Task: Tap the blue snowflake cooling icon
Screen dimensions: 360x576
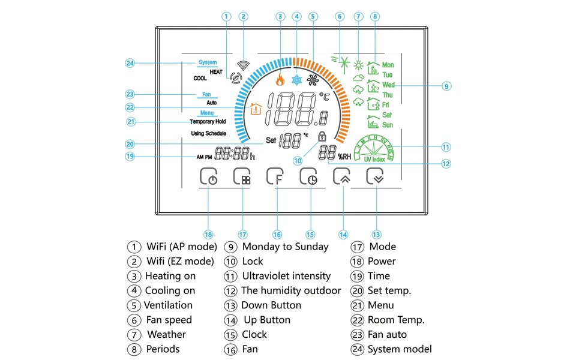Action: pyautogui.click(x=296, y=80)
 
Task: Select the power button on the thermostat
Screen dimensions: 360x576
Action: pyautogui.click(x=208, y=176)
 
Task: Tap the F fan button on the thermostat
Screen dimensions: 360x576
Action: pyautogui.click(x=275, y=176)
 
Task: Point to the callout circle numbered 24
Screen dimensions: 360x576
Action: pyautogui.click(x=130, y=62)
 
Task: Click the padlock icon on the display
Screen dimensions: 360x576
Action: pyautogui.click(x=322, y=136)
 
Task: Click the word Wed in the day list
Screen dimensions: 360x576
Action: pyautogui.click(x=388, y=85)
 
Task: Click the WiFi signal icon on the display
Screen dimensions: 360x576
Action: pyautogui.click(x=242, y=65)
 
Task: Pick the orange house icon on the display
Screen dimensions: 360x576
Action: pyautogui.click(x=256, y=110)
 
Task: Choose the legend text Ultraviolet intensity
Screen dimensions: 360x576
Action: pyautogui.click(x=286, y=276)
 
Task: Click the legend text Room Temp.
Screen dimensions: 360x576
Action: pyautogui.click(x=395, y=320)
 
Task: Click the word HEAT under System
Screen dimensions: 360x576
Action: pyautogui.click(x=215, y=72)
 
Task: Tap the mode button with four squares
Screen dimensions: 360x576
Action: pyautogui.click(x=242, y=176)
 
